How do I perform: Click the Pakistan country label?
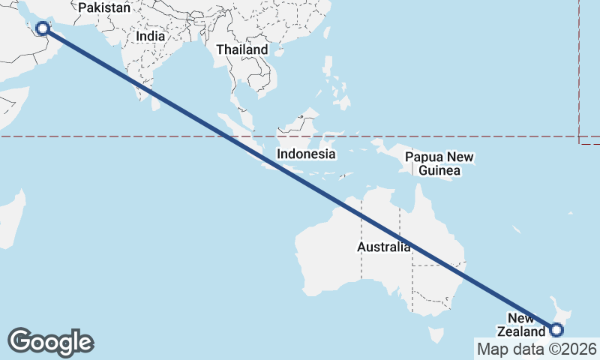(x=104, y=8)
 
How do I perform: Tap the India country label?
(x=151, y=36)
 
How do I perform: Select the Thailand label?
(x=241, y=49)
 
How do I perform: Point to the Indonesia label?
(x=305, y=154)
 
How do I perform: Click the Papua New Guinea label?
(x=439, y=164)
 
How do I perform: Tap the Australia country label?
(x=383, y=247)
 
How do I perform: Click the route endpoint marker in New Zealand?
(x=556, y=329)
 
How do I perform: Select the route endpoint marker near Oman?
(x=43, y=28)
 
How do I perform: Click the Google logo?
(x=50, y=342)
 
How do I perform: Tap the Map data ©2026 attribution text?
(x=537, y=349)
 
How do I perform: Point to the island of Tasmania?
(x=435, y=332)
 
